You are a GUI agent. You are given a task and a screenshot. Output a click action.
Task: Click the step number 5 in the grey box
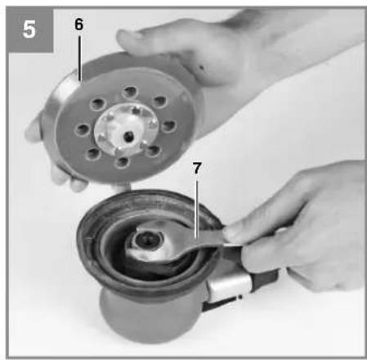pyautogui.click(x=29, y=29)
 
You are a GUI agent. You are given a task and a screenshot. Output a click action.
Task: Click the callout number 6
pyautogui.click(x=78, y=25)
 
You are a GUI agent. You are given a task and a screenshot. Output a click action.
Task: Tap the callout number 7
pyautogui.click(x=197, y=169)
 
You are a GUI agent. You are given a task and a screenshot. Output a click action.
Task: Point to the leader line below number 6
pyautogui.click(x=79, y=58)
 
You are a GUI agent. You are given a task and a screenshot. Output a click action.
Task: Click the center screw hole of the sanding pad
pyautogui.click(x=128, y=135)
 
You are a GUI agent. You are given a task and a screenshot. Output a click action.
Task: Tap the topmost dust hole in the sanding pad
pyautogui.click(x=130, y=92)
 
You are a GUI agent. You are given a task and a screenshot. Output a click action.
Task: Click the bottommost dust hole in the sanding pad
pyautogui.click(x=122, y=163)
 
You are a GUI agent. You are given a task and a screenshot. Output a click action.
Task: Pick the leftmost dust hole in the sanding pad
pyautogui.click(x=83, y=130)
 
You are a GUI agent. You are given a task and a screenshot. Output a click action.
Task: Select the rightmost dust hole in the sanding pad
pyautogui.click(x=169, y=126)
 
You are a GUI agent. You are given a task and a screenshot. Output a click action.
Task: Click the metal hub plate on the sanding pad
pyautogui.click(x=126, y=129)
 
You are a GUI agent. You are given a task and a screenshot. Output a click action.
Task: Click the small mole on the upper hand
pyautogui.click(x=202, y=67)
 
